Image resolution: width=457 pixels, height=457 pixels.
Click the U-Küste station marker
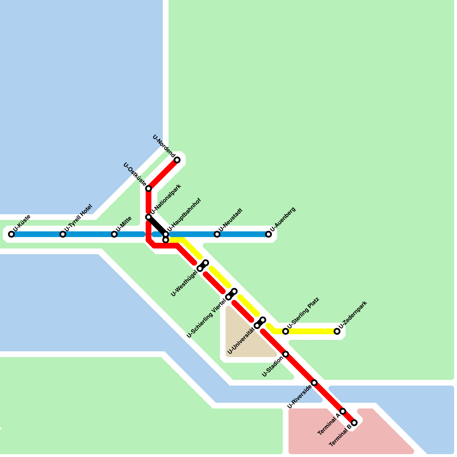(x=11, y=234)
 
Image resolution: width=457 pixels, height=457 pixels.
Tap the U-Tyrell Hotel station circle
(x=63, y=234)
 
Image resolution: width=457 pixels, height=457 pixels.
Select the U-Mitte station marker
(x=114, y=234)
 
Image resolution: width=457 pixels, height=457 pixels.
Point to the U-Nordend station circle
(x=177, y=160)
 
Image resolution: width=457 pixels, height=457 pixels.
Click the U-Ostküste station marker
(x=149, y=189)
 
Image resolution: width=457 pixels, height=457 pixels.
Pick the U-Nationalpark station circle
(x=149, y=217)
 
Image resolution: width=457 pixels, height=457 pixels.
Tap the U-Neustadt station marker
(x=217, y=234)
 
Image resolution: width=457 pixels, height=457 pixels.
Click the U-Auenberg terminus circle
(x=268, y=234)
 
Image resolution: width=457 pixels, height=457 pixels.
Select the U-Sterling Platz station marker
(x=286, y=331)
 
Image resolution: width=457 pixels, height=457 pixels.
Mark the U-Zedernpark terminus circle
(x=337, y=331)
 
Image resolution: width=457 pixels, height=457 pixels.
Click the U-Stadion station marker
(x=286, y=354)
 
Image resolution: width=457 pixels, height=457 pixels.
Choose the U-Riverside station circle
(x=314, y=383)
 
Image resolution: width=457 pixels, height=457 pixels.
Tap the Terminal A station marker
(x=343, y=411)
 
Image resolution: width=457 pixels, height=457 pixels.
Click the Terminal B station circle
(x=354, y=423)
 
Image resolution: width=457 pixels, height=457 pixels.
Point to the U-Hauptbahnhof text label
(x=184, y=215)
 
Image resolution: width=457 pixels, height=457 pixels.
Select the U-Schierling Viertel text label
(x=206, y=318)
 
